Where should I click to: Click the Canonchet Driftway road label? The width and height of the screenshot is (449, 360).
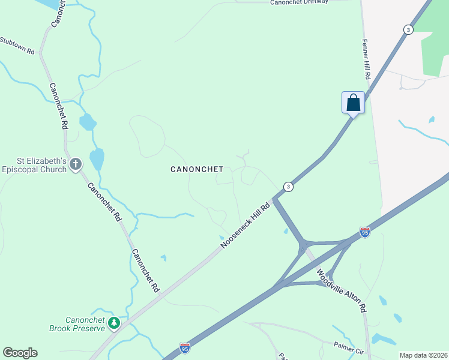299,3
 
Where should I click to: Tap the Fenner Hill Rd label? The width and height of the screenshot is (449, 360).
366,60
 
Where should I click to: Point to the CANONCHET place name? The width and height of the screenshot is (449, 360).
197,170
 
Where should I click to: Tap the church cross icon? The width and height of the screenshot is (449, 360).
76,164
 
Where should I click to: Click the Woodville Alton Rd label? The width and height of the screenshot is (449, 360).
342,290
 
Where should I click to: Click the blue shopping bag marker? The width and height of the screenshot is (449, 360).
354,103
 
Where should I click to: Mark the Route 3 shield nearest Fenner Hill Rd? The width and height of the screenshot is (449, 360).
408,29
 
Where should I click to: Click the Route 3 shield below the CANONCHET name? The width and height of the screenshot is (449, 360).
289,187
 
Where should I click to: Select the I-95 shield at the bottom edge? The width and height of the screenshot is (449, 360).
185,347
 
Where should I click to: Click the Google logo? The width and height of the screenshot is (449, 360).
20,353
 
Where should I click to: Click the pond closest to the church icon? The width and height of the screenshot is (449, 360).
97,159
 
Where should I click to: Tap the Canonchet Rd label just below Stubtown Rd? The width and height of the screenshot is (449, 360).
58,107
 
